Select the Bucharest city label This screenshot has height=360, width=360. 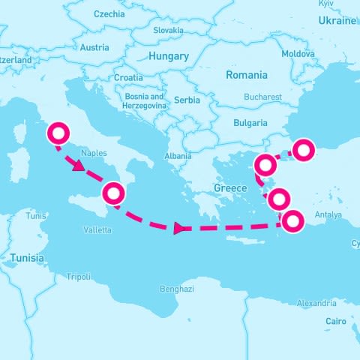pos(262,97)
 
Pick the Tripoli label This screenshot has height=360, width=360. pos(79,276)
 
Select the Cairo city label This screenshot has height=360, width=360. pos(336,321)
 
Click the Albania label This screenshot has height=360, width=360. pos(178,157)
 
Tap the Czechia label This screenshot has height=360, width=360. pos(109,14)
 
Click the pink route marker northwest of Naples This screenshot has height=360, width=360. pos(58,134)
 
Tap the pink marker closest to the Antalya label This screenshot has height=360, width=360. pos(292,220)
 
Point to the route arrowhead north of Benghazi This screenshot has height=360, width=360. pos(178,228)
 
